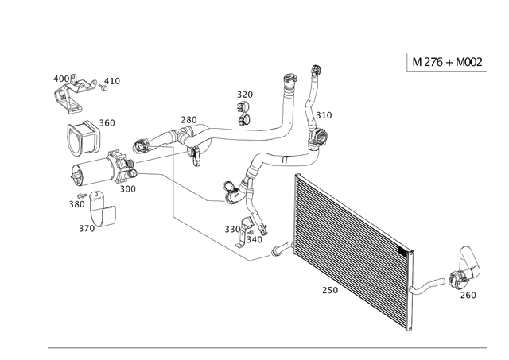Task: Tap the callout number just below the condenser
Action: click(x=328, y=292)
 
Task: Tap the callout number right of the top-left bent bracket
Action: click(x=111, y=80)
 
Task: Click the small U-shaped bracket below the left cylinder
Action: click(x=105, y=214)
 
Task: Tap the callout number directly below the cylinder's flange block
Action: click(x=127, y=188)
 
